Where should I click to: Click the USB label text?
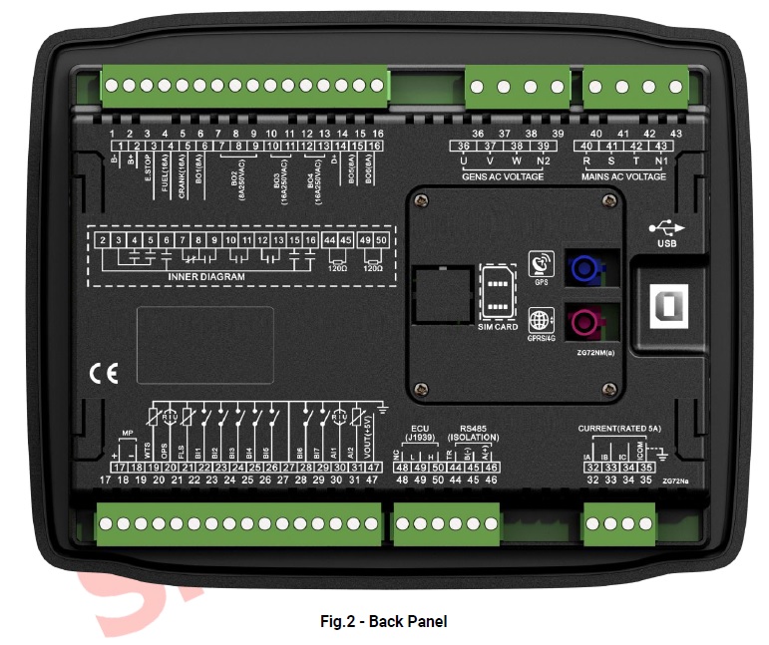click(x=667, y=243)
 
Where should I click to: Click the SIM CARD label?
click(x=498, y=327)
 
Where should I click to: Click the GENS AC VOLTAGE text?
click(x=503, y=176)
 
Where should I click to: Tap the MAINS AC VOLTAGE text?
click(x=623, y=176)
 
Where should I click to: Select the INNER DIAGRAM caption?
click(x=205, y=276)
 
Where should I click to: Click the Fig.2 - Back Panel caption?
click(x=383, y=621)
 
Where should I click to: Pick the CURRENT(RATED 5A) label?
click(x=620, y=429)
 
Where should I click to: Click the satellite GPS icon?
click(x=542, y=263)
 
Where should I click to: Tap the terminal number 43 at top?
click(x=675, y=134)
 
